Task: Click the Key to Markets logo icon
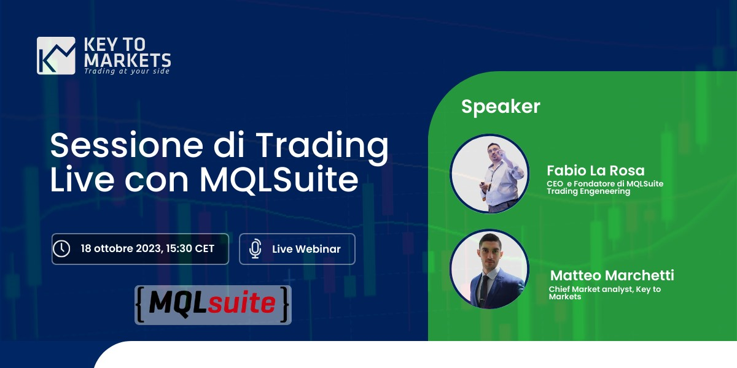pyautogui.click(x=56, y=55)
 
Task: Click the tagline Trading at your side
pyautogui.click(x=127, y=71)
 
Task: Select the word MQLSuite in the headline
pyautogui.click(x=279, y=180)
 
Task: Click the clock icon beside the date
pyautogui.click(x=61, y=248)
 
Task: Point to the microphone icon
pyautogui.click(x=255, y=248)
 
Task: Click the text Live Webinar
pyautogui.click(x=306, y=249)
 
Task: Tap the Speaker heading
pyautogui.click(x=501, y=107)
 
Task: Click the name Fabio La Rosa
pyautogui.click(x=596, y=171)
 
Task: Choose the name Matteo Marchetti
pyautogui.click(x=612, y=275)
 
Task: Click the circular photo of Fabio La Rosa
pyautogui.click(x=489, y=174)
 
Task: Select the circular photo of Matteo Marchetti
pyautogui.click(x=489, y=269)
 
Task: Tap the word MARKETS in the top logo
pyautogui.click(x=127, y=60)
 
